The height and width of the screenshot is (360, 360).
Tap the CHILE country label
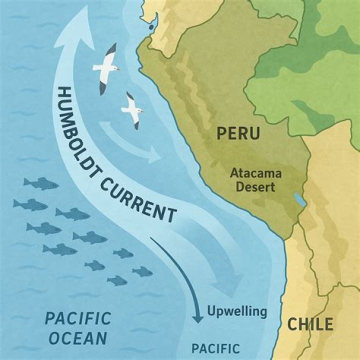tap(310, 324)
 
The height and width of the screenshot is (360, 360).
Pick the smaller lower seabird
tap(132, 109)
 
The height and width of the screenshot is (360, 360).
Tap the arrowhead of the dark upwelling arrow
tap(198, 316)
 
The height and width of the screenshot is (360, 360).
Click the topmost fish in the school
tap(40, 183)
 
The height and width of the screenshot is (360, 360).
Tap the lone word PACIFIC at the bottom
tap(216, 348)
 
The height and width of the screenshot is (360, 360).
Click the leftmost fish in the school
tap(30, 204)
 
